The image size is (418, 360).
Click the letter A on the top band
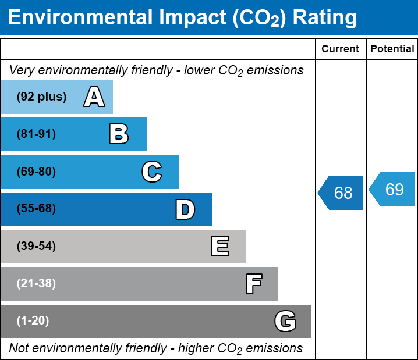pyautogui.click(x=94, y=97)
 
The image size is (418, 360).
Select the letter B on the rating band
pyautogui.click(x=119, y=134)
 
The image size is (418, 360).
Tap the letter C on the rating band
pyautogui.click(x=151, y=172)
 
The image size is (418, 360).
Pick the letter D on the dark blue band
pyautogui.click(x=185, y=209)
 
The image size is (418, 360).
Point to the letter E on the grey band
pyautogui.click(x=219, y=247)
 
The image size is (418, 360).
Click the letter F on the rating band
pyautogui.click(x=253, y=284)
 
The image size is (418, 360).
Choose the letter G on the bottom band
pyautogui.click(x=285, y=321)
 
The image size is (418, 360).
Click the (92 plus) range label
pyautogui.click(x=42, y=97)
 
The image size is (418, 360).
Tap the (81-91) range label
pyautogui.click(x=36, y=134)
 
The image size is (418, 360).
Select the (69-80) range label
pyautogui.click(x=36, y=172)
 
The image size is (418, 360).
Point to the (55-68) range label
pyautogui.click(x=36, y=209)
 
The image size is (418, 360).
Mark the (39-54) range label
pyautogui.click(x=36, y=247)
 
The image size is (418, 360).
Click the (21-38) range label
pyautogui.click(x=36, y=284)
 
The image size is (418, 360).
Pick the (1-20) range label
pyautogui.click(x=33, y=321)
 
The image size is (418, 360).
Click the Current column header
pyautogui.click(x=341, y=49)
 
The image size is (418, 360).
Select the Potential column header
pyautogui.click(x=392, y=49)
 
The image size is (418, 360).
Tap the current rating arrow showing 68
pyautogui.click(x=342, y=193)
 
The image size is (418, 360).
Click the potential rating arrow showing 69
pyautogui.click(x=393, y=190)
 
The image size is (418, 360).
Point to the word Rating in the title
pyautogui.click(x=324, y=18)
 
